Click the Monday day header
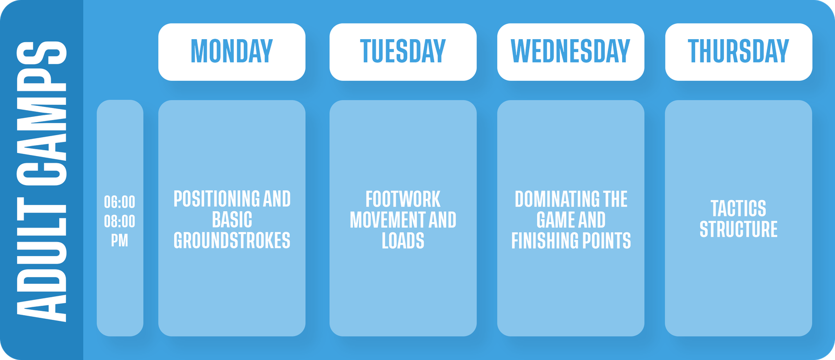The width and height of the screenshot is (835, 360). tap(232, 52)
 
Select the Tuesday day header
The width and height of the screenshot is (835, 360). tap(402, 52)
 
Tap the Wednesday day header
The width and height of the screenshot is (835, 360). tap(570, 52)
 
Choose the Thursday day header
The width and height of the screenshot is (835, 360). tap(738, 52)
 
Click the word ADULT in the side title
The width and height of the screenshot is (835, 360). tap(42, 259)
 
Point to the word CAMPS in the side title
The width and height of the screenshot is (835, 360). tap(42, 113)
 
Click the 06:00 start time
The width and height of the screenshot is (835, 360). tap(120, 202)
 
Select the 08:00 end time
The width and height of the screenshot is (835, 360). tap(120, 221)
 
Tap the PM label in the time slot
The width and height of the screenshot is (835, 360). tap(120, 241)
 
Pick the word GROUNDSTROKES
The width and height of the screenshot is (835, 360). tap(232, 241)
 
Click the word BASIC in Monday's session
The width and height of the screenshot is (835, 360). tap(232, 220)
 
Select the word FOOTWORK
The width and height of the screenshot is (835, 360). tap(403, 199)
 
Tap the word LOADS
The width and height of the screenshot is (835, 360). tap(403, 241)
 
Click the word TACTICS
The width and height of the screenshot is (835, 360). tap(738, 208)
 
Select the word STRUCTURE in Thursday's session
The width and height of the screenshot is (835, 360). tap(738, 229)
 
